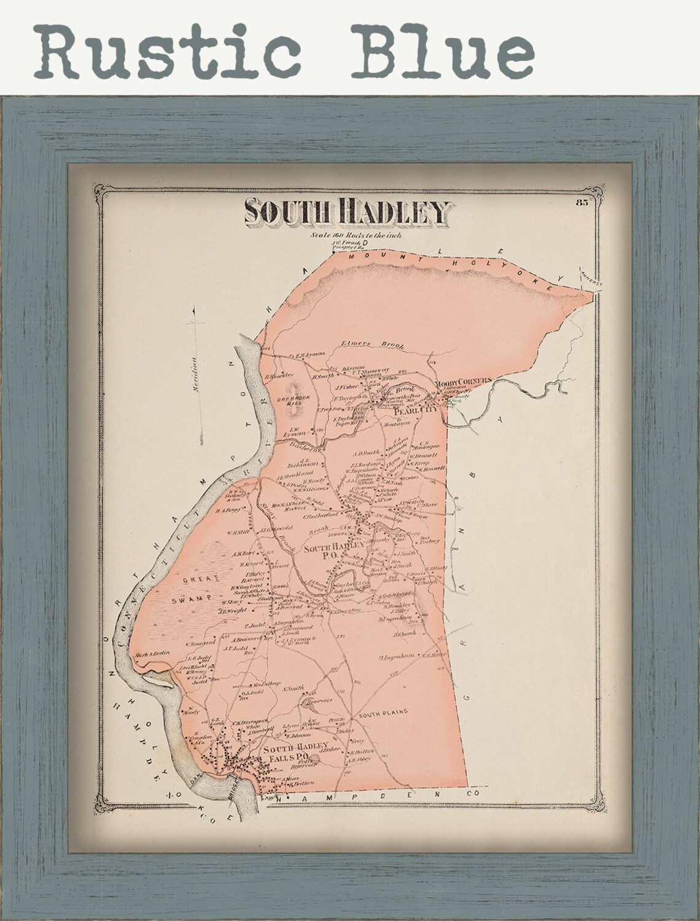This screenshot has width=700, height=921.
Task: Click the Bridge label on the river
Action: tap(241, 785)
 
